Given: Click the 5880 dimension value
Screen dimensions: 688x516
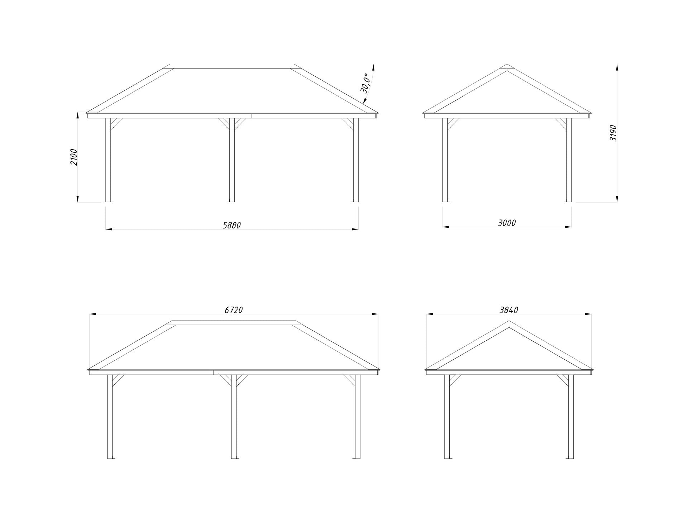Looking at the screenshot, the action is (232, 225).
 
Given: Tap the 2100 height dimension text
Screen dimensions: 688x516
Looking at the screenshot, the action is (73, 157).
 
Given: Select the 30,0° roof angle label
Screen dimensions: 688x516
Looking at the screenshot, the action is (365, 84).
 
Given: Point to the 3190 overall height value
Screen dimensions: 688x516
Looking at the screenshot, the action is (613, 133).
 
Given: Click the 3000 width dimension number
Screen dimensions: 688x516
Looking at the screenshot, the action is (507, 223).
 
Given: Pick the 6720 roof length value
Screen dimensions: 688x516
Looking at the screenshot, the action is (234, 310).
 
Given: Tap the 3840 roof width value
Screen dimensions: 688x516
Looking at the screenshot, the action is (509, 310).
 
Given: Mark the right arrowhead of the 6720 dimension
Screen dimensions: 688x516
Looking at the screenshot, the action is (375, 314).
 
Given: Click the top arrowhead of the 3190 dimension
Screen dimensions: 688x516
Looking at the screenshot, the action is (617, 68).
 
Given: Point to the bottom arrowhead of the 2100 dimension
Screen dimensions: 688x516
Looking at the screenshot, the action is (77, 199).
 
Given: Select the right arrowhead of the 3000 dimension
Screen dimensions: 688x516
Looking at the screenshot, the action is (568, 227).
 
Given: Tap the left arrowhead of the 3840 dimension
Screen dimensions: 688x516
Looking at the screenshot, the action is (430, 314).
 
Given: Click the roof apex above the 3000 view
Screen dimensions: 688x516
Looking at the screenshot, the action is (507, 65).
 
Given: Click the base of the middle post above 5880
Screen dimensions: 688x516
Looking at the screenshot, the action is (232, 202).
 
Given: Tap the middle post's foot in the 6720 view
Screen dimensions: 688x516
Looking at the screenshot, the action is (234, 458).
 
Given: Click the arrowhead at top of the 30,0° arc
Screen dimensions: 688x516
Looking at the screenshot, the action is (373, 68).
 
